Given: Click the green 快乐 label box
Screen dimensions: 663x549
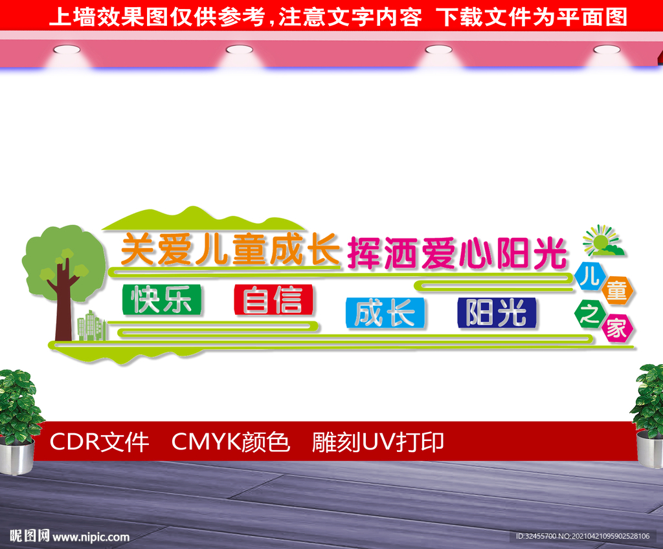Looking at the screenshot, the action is pos(161,299).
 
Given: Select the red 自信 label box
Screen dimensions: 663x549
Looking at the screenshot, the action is pos(273,299).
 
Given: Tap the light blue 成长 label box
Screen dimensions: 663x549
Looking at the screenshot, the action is pos(385,313).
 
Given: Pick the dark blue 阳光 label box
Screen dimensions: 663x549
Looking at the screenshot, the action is pos(497,313).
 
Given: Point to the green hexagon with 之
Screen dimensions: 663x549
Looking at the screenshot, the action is pos(590,314).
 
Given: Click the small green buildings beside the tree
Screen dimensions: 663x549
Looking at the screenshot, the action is pos(91,326).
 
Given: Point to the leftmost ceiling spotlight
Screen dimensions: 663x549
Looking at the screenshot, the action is pos(67,50).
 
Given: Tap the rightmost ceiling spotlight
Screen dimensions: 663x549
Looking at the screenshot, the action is pos(607,50).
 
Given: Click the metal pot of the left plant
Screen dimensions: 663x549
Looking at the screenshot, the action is pos(17,456).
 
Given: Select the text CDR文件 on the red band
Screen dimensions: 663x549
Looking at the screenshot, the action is pos(99,442).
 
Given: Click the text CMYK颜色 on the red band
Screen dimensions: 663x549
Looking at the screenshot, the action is pos(230,442).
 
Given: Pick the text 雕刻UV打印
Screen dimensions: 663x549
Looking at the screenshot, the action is pos(378,442).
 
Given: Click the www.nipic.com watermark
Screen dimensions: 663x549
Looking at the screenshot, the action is pos(91,537).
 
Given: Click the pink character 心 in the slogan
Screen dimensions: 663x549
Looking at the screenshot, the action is pos(475,253).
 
